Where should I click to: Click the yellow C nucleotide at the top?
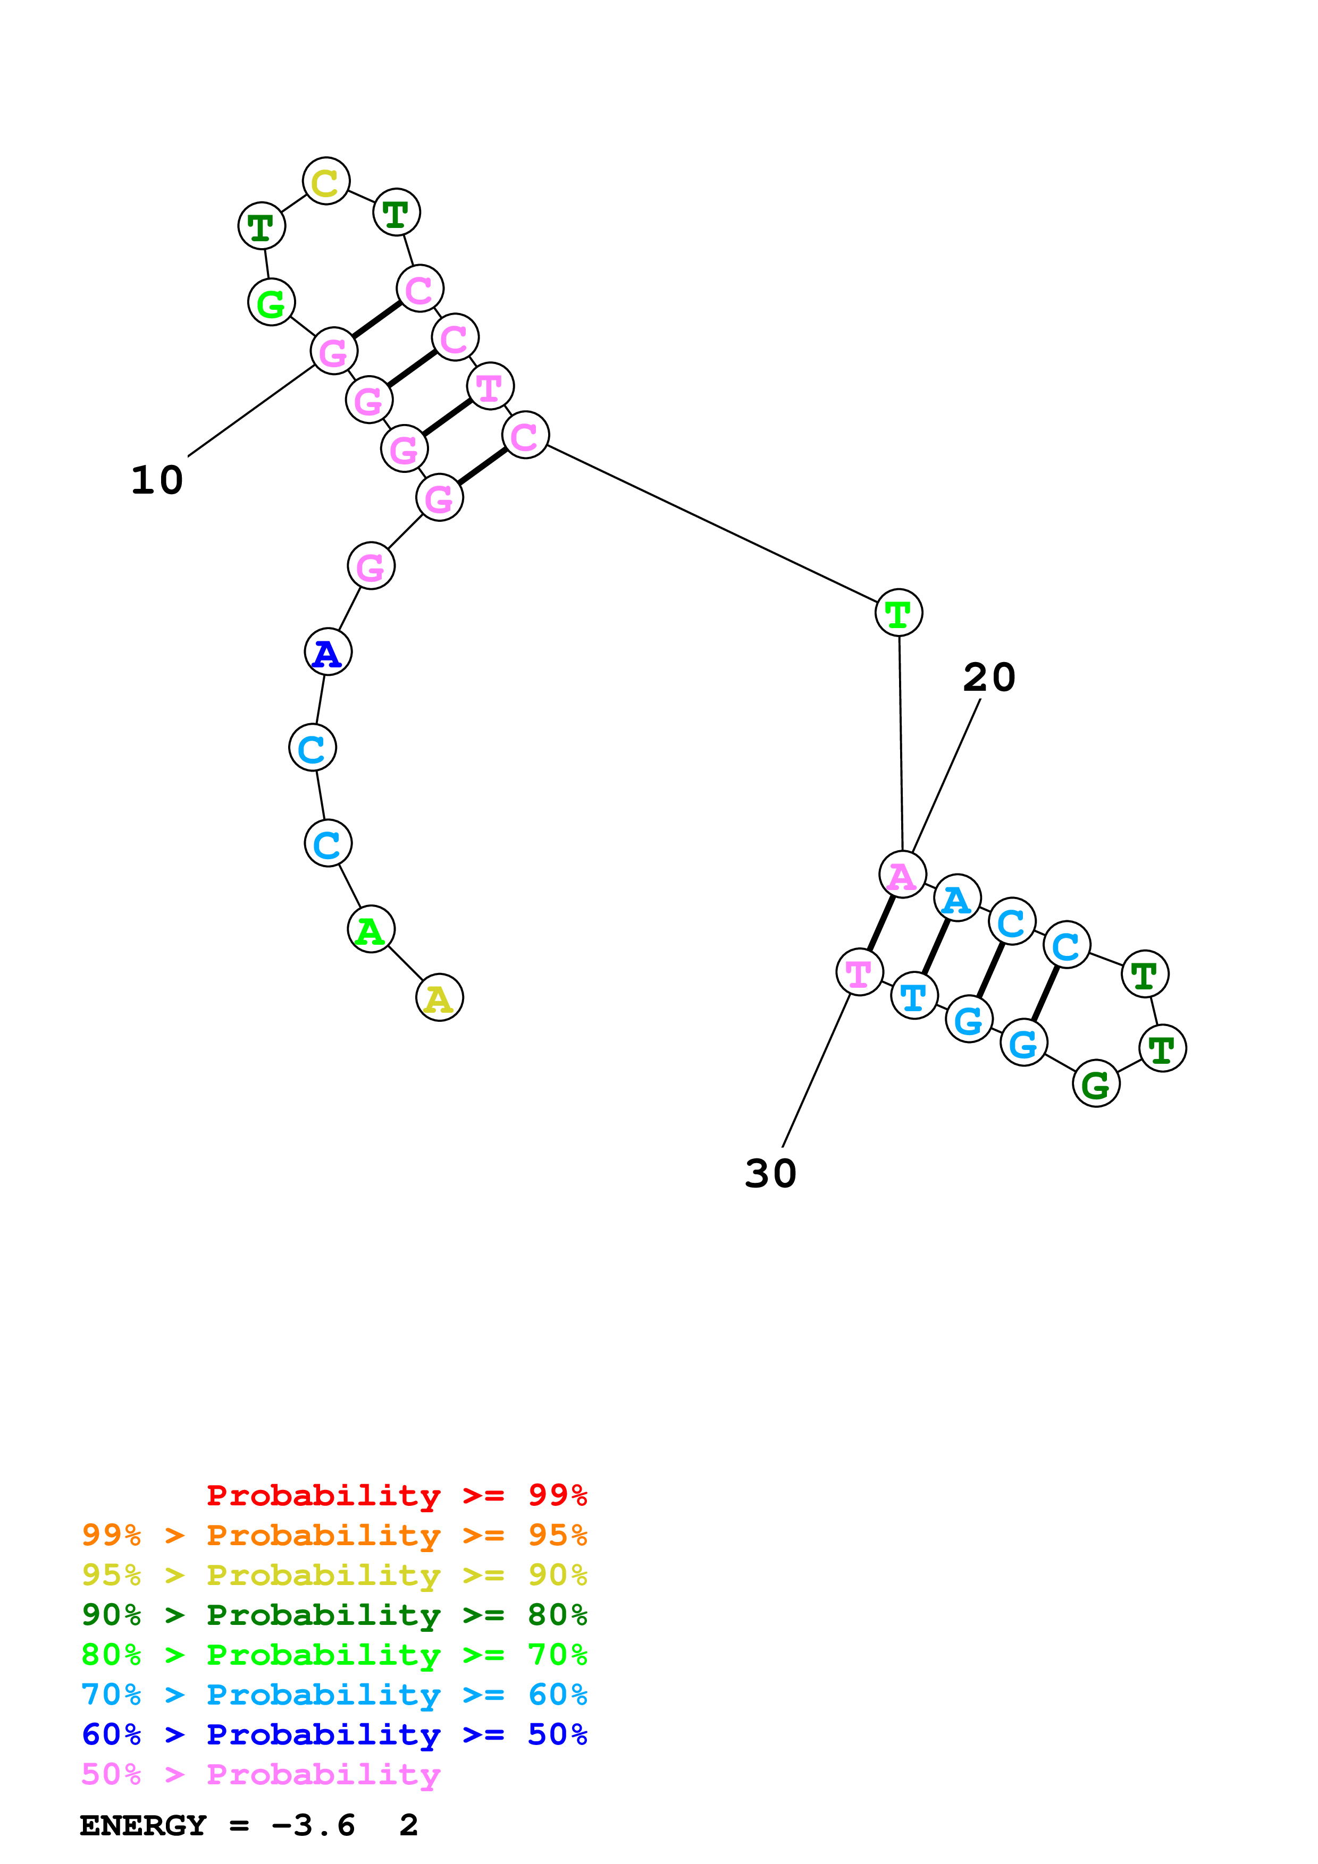325,181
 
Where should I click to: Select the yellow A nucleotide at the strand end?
439,998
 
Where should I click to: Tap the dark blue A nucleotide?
328,652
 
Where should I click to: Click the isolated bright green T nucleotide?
898,613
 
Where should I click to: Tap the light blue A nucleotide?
956,899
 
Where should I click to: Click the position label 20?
989,677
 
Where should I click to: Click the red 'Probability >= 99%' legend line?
396,1495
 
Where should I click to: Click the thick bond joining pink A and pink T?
881,923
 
